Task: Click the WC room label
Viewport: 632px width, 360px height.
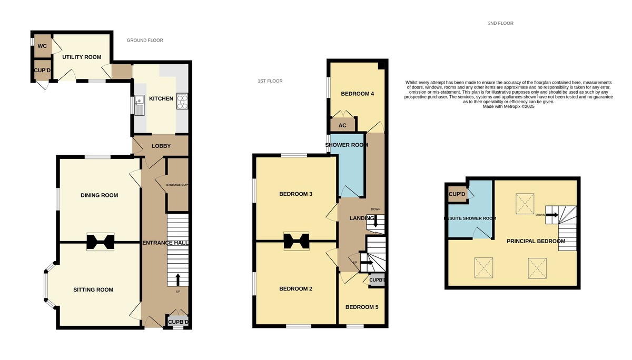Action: [x=42, y=46]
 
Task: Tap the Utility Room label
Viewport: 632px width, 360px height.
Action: [x=82, y=57]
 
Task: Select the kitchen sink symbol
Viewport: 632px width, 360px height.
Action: [x=140, y=105]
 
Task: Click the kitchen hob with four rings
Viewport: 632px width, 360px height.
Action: [x=183, y=101]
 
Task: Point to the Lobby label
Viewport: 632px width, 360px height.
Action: [x=161, y=146]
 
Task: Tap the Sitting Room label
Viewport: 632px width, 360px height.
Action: [x=93, y=289]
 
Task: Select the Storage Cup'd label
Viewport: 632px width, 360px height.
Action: [x=177, y=185]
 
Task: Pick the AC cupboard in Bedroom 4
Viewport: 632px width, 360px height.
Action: [x=342, y=125]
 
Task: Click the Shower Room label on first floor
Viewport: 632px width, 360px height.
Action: [x=345, y=145]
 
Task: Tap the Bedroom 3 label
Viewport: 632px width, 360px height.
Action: [x=295, y=194]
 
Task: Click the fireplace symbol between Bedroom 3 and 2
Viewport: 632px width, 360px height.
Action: [x=296, y=241]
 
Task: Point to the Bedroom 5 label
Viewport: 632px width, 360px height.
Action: [x=361, y=307]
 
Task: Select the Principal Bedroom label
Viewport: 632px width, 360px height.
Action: [x=536, y=241]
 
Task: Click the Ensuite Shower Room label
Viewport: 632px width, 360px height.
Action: [x=470, y=218]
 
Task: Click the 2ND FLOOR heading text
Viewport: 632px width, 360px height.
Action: [x=500, y=23]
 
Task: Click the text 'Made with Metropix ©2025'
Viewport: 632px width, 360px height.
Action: [x=508, y=106]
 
